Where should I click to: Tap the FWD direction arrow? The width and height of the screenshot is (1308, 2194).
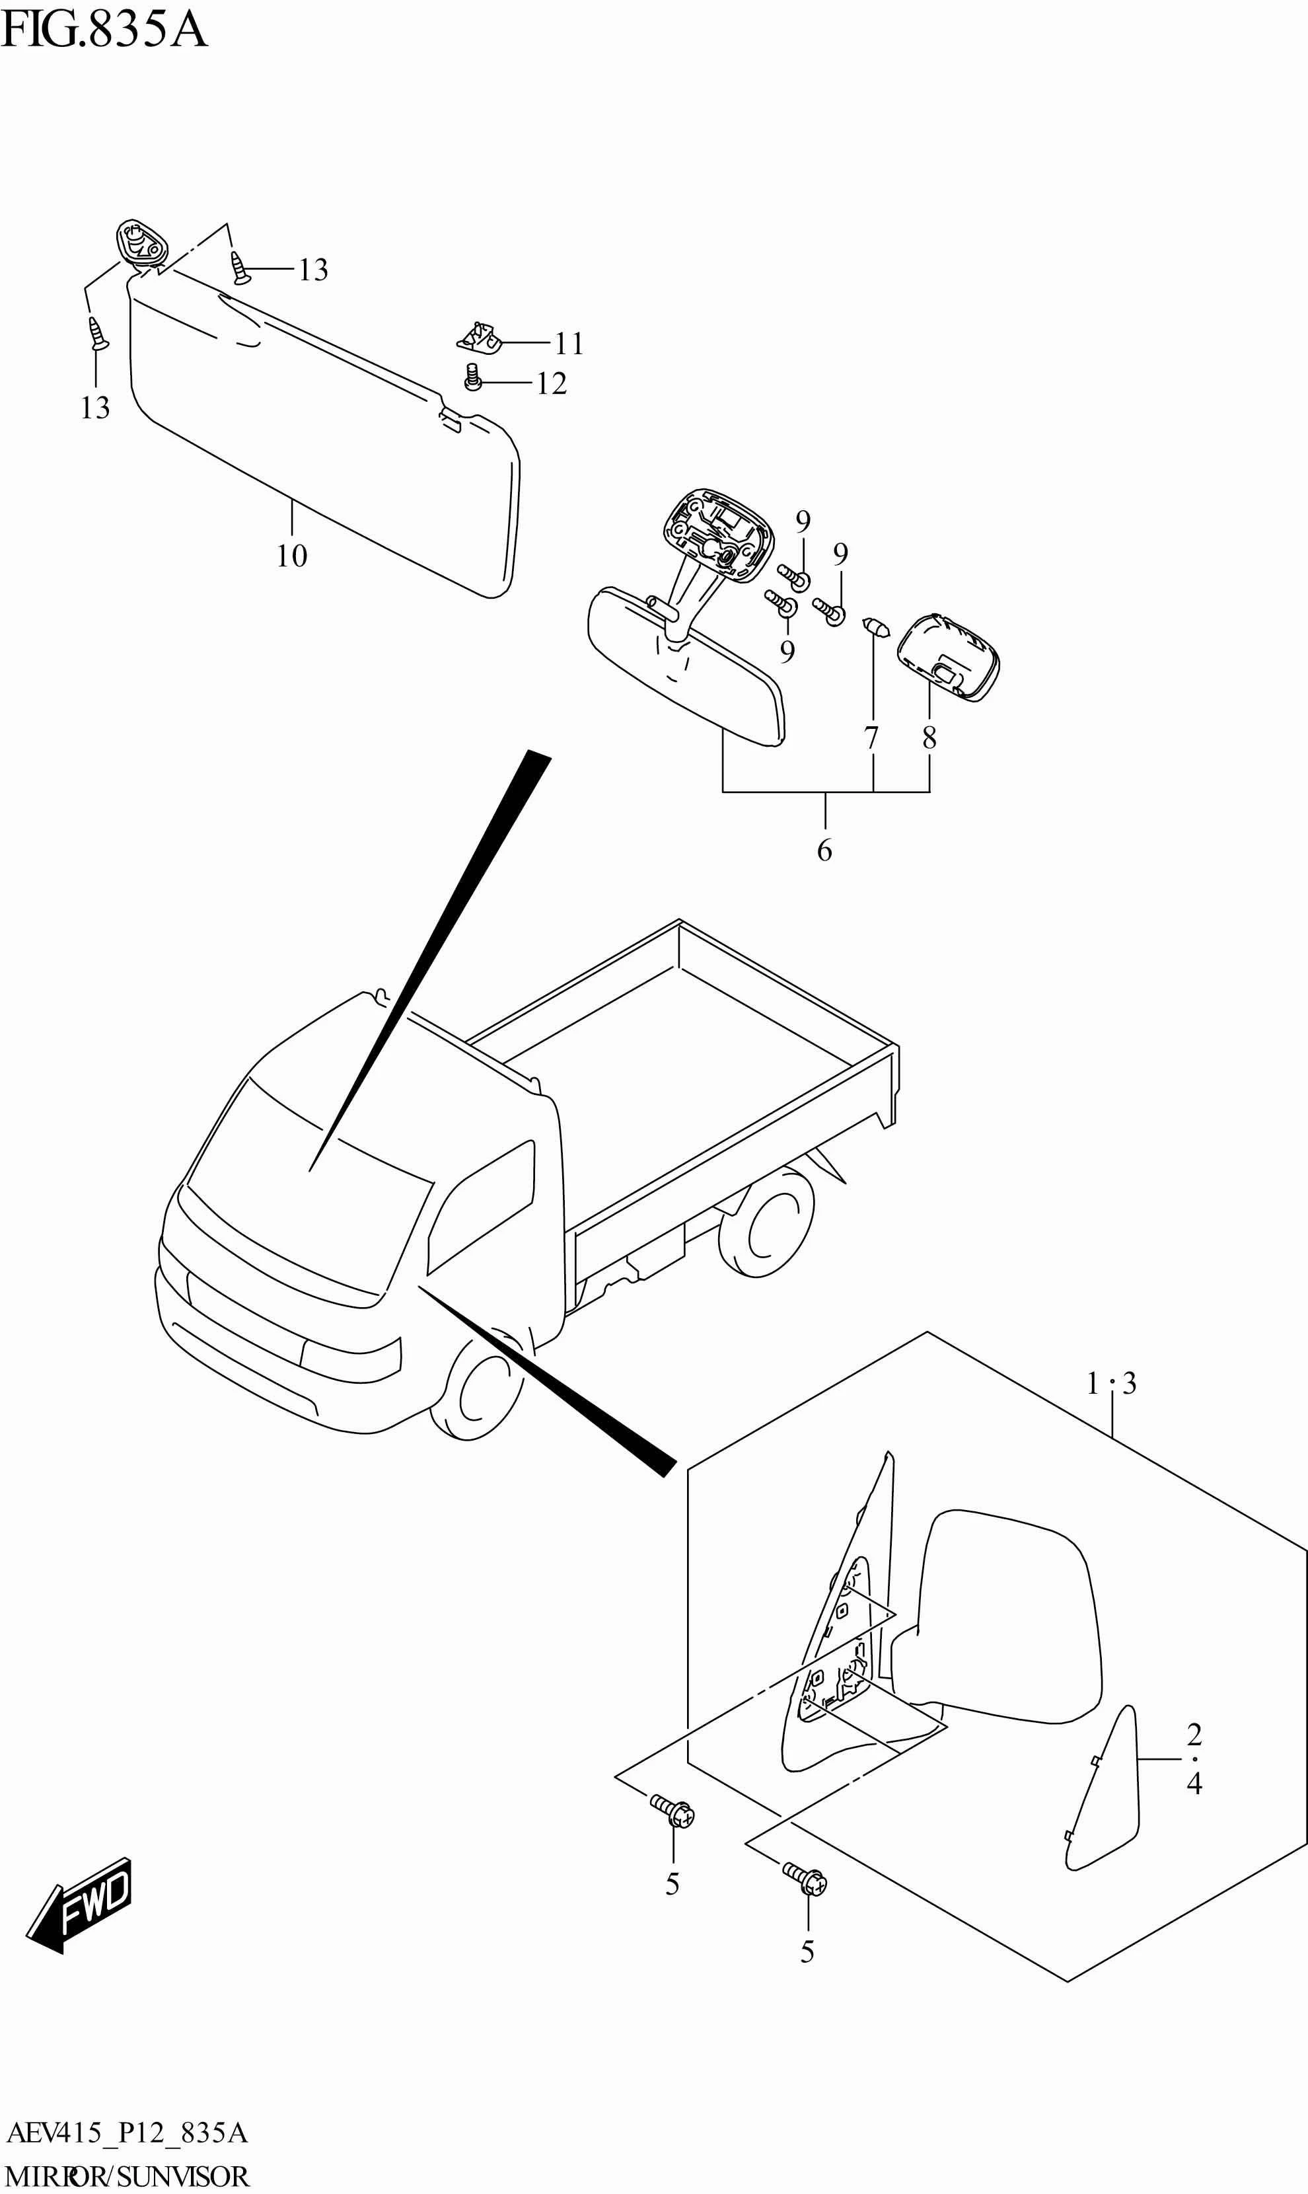point(81,1904)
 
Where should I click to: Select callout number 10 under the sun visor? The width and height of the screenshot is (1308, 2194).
point(292,556)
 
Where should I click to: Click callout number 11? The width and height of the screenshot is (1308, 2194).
point(569,344)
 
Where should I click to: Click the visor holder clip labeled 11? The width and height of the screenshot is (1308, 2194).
point(480,337)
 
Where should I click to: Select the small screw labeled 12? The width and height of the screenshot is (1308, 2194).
point(473,378)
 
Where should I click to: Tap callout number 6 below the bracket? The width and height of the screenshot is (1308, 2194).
point(824,851)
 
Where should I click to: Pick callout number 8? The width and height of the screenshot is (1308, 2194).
point(929,738)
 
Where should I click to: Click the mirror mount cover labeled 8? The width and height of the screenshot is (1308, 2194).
point(949,658)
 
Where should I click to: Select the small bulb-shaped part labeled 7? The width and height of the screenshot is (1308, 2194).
point(877,628)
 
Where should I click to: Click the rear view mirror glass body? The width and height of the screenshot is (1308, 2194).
point(688,670)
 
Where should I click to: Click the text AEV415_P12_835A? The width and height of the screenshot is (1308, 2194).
point(127,2133)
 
